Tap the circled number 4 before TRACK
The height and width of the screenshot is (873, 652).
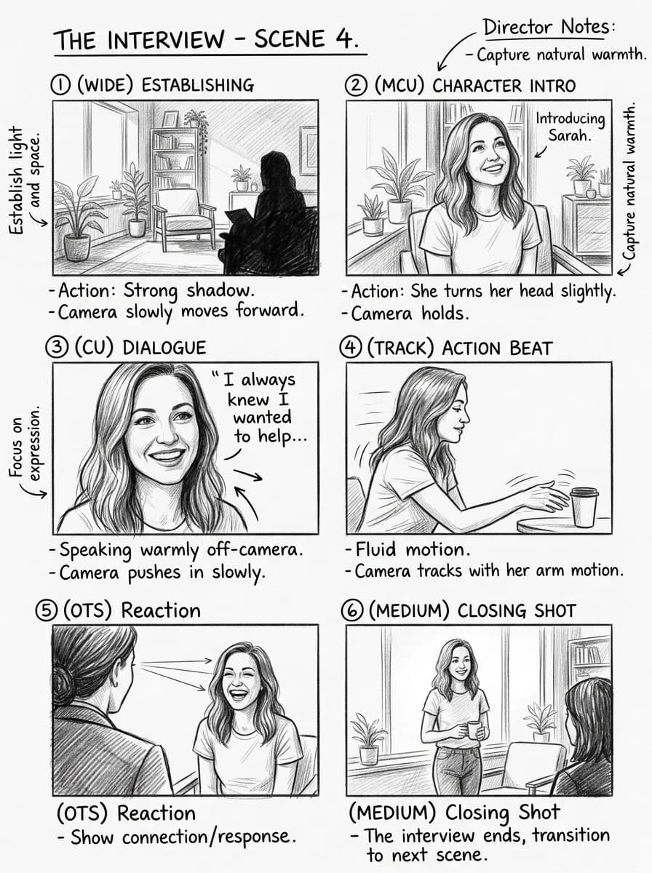(x=351, y=348)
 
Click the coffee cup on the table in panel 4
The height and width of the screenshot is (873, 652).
(x=583, y=506)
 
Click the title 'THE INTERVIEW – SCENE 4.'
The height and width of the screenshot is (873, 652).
(x=207, y=39)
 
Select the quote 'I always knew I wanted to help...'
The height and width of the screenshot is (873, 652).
(x=260, y=407)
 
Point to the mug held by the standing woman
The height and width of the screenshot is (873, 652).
(x=473, y=729)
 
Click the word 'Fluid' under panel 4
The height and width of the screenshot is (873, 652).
(x=376, y=549)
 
